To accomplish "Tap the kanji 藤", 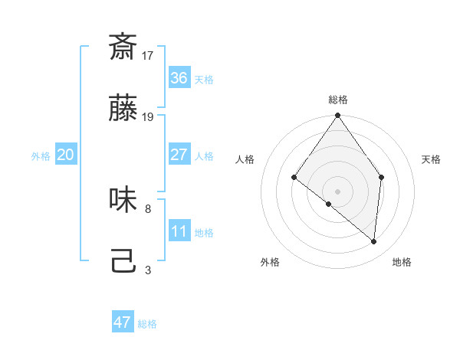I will click(123, 109).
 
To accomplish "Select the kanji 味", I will click(123, 200).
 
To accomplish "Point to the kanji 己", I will click(123, 262).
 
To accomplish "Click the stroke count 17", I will click(148, 55).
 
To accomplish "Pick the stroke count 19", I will click(148, 117).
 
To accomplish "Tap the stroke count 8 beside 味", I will click(148, 208).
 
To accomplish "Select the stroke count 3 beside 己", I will click(148, 270).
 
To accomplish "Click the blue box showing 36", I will click(179, 77).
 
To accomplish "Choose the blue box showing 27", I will click(179, 154).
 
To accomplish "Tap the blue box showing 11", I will click(179, 231).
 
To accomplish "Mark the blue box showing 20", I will click(65, 154).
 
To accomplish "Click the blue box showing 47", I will click(123, 322).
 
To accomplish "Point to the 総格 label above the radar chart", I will click(338, 100).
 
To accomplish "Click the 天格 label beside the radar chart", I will click(432, 159).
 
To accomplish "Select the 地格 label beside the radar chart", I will click(402, 262).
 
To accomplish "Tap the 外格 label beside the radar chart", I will click(270, 262).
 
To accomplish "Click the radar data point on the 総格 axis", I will click(338, 116).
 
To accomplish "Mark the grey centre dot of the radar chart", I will click(338, 191).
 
